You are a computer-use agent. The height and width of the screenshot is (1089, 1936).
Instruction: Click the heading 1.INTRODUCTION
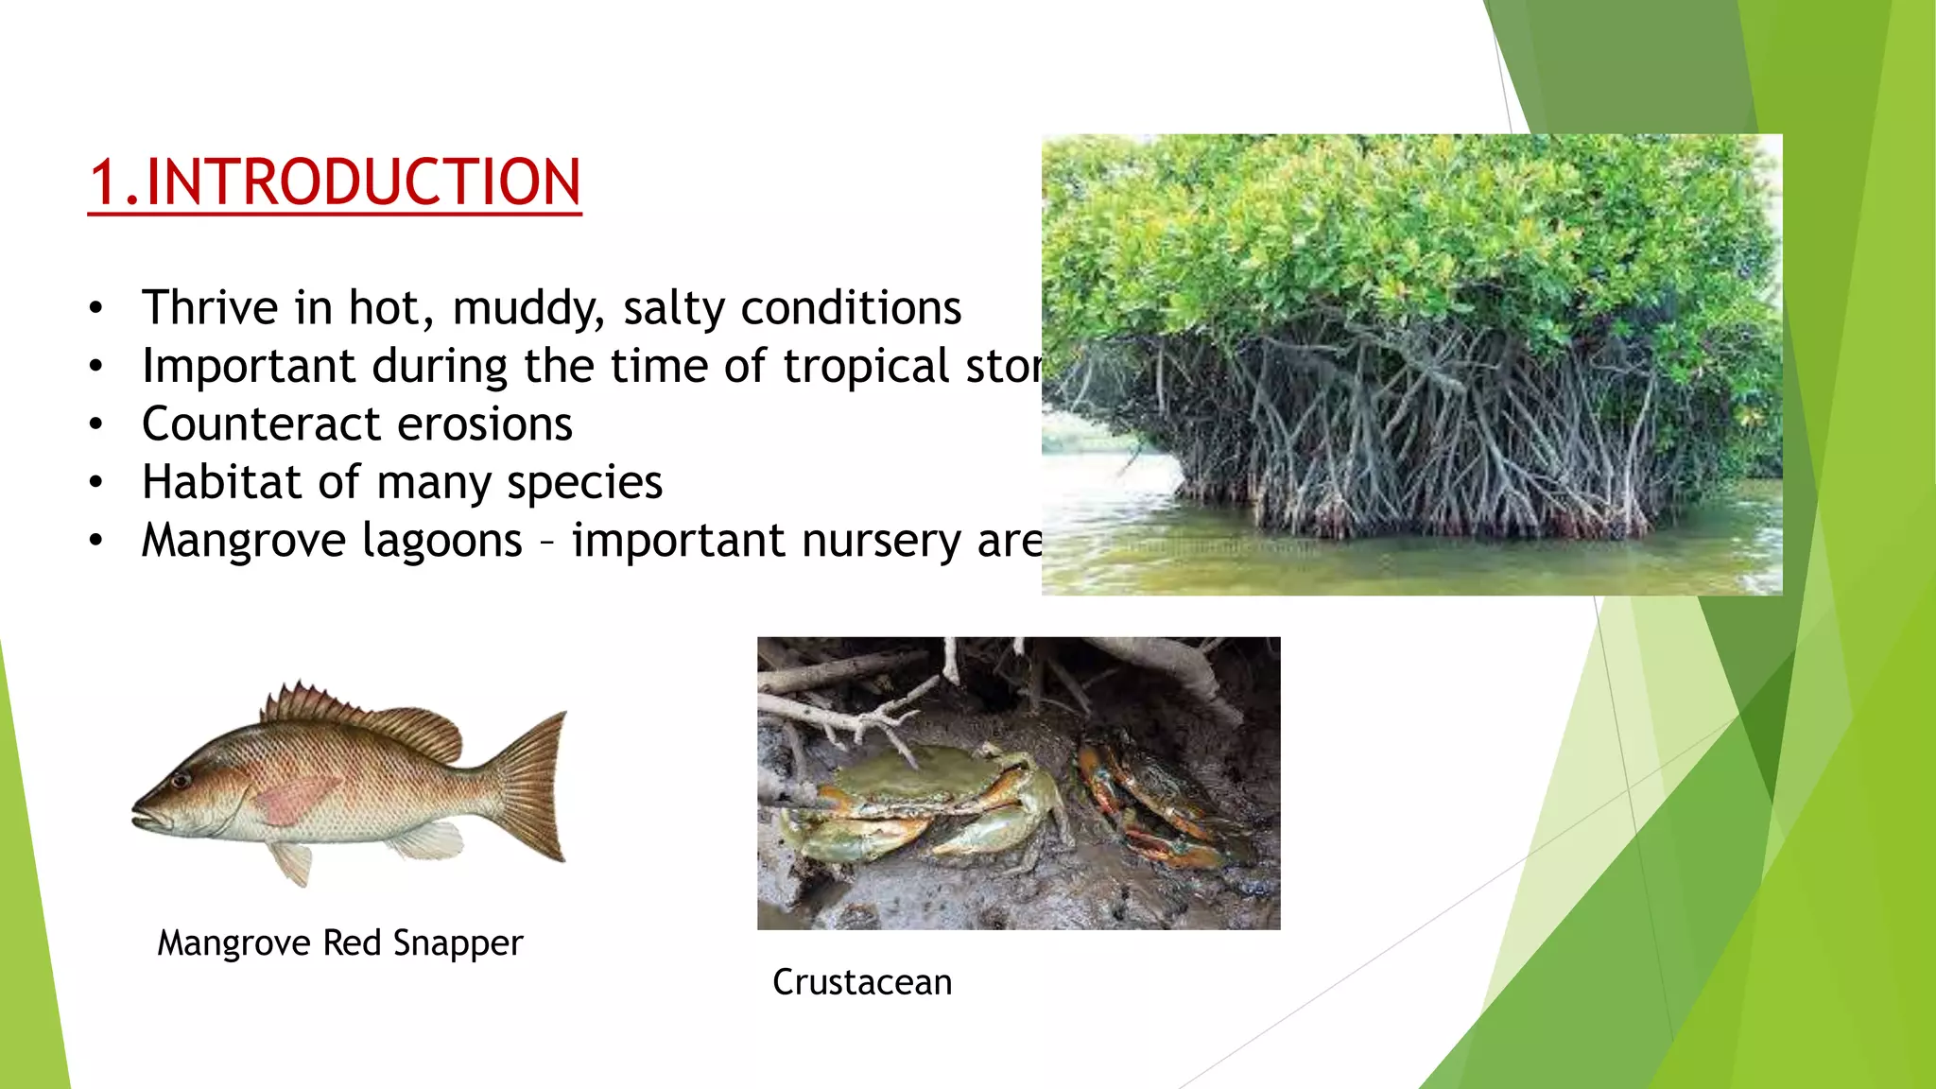pos(335,182)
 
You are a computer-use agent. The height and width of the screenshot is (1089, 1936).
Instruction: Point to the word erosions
pos(484,424)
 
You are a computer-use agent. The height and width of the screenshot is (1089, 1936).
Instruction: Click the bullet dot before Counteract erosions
pos(95,425)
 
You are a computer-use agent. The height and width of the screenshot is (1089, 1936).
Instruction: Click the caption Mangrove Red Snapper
pos(339,943)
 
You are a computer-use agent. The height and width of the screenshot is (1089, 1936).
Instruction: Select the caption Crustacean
pos(861,982)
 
